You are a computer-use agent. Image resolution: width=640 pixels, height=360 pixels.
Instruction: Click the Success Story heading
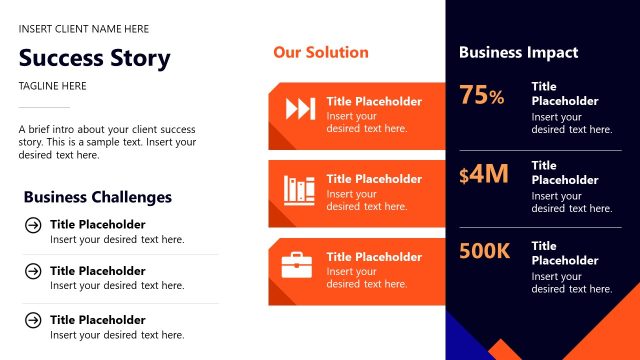pyautogui.click(x=94, y=58)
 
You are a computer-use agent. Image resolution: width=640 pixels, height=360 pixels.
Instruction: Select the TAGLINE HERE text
pyautogui.click(x=52, y=86)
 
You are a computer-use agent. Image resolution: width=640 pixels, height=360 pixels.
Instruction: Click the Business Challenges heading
pyautogui.click(x=97, y=197)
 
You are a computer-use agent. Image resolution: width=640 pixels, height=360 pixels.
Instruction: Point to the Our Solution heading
pyautogui.click(x=320, y=52)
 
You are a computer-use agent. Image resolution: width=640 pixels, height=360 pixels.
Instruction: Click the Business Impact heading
pyautogui.click(x=518, y=52)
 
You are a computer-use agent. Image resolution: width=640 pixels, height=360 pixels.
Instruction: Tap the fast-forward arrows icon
pyautogui.click(x=300, y=109)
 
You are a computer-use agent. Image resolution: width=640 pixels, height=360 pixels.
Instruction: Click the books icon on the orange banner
pyautogui.click(x=299, y=188)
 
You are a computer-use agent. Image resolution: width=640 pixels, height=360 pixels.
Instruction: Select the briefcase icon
pyautogui.click(x=297, y=265)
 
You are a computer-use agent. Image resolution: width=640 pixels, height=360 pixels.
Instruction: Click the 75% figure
pyautogui.click(x=482, y=96)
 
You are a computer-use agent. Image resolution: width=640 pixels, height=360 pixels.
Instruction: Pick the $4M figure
pyautogui.click(x=484, y=175)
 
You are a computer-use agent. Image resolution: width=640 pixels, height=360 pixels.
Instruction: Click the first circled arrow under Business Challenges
pyautogui.click(x=33, y=225)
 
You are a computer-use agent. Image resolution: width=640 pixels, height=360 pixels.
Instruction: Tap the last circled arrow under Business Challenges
pyautogui.click(x=33, y=320)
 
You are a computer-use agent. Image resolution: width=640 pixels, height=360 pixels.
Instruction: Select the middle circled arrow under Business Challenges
pyautogui.click(x=33, y=271)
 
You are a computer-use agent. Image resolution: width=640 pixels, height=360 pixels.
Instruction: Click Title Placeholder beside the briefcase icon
pyautogui.click(x=374, y=257)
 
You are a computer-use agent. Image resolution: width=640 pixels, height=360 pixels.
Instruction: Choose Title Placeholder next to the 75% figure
pyautogui.click(x=564, y=94)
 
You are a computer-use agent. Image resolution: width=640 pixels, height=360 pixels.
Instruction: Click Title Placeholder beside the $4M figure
pyautogui.click(x=564, y=173)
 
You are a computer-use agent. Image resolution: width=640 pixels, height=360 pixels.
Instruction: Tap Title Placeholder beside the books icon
pyautogui.click(x=374, y=179)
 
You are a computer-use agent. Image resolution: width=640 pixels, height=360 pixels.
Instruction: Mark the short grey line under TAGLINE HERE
pyautogui.click(x=44, y=107)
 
